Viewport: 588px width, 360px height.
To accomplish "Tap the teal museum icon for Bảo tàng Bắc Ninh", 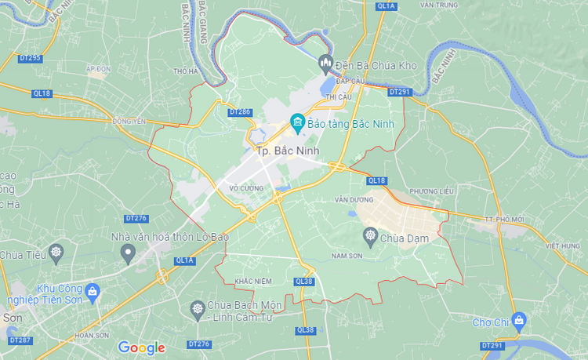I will pyautogui.click(x=297, y=122).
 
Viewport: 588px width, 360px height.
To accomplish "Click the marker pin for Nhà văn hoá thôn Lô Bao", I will pyautogui.click(x=128, y=253).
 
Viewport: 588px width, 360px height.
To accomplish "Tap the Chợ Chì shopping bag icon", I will pyautogui.click(x=519, y=321).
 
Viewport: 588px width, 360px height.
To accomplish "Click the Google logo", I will pyautogui.click(x=141, y=347).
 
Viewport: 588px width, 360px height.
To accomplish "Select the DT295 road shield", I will pyautogui.click(x=29, y=58).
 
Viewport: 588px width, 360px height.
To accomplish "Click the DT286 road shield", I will pyautogui.click(x=239, y=112).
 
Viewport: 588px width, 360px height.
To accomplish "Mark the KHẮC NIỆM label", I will pyautogui.click(x=252, y=281).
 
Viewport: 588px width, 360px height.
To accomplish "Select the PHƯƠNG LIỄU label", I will pyautogui.click(x=432, y=191).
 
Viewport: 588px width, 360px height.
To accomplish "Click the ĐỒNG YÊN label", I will pyautogui.click(x=129, y=121).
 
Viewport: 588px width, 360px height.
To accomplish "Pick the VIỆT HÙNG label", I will pyautogui.click(x=564, y=245).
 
